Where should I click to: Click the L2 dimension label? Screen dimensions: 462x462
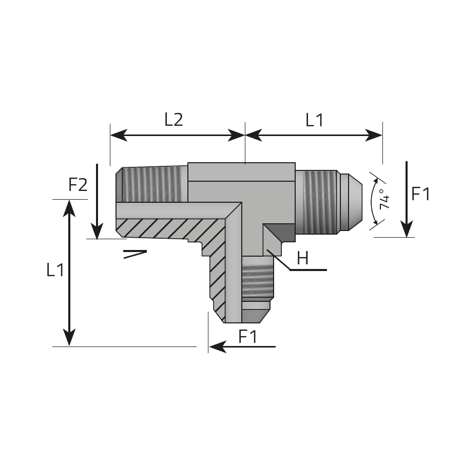tap(174, 120)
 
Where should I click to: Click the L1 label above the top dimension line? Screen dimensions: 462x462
tap(314, 120)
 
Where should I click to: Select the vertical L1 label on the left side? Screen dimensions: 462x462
tap(55, 269)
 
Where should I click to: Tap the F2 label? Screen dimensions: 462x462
tap(78, 185)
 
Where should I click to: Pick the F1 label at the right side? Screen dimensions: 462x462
tap(420, 194)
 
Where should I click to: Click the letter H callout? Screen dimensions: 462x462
tap(303, 258)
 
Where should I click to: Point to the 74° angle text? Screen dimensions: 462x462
tap(384, 199)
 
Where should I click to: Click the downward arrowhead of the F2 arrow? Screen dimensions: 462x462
tap(97, 231)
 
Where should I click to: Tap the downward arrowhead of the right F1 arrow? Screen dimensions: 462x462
tap(407, 229)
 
